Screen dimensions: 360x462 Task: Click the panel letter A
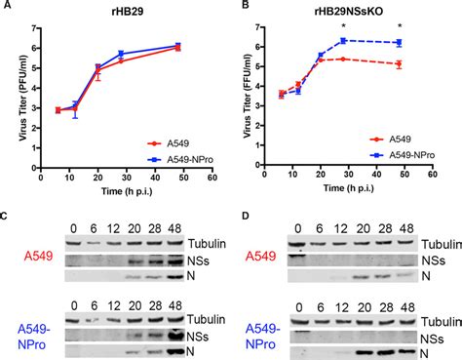[6, 6]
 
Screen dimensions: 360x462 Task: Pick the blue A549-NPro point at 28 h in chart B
[343, 40]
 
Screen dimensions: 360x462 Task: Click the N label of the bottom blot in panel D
[427, 351]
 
